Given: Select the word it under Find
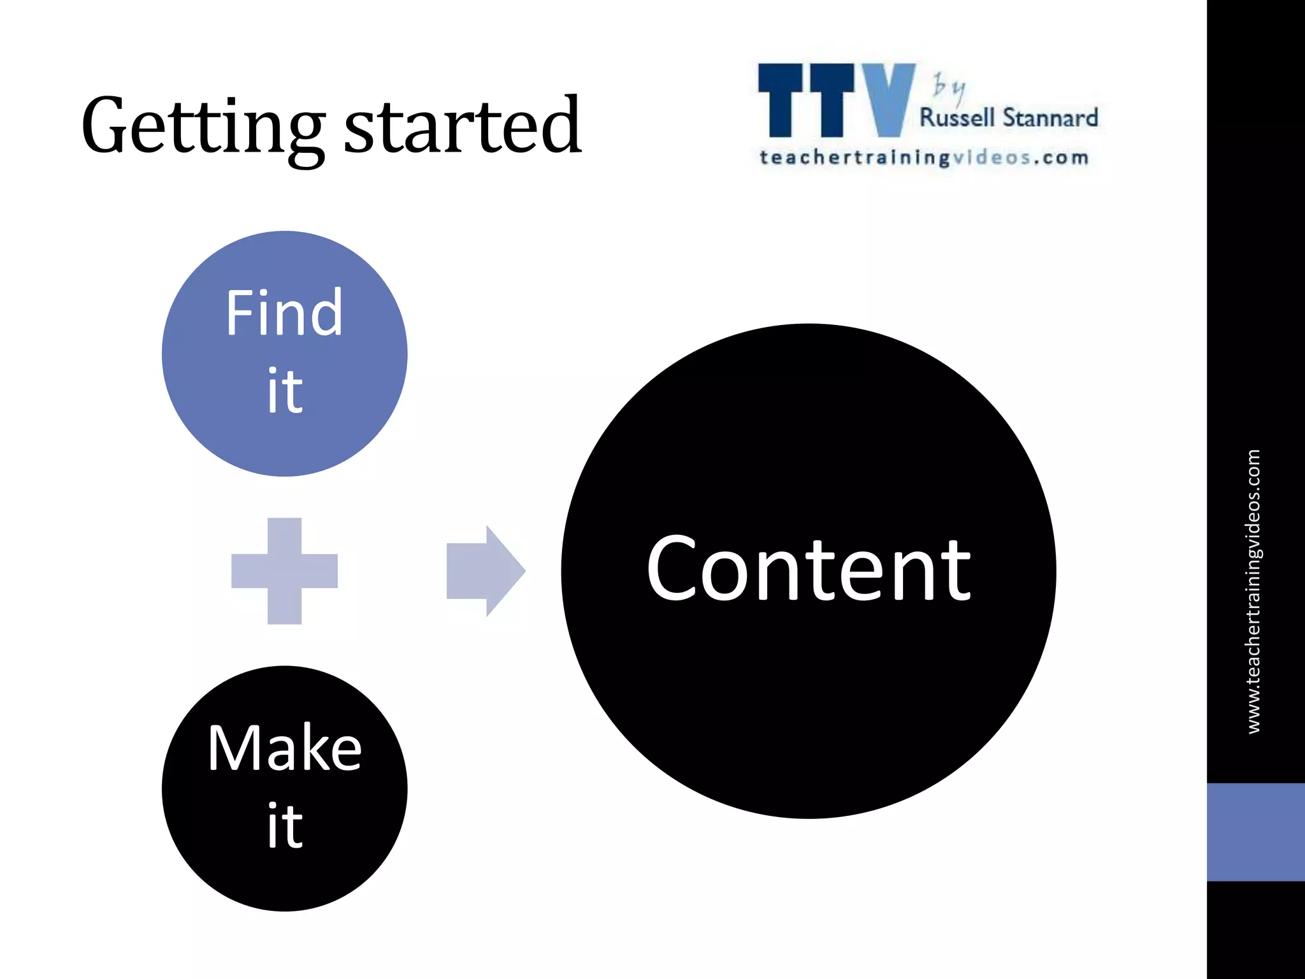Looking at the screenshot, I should [284, 390].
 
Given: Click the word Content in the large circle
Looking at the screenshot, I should [808, 569].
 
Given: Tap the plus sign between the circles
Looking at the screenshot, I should [284, 570].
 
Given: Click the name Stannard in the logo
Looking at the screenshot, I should [1050, 119].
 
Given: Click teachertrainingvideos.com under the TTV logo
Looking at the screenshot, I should [923, 157].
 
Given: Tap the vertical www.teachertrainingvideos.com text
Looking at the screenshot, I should [1253, 591].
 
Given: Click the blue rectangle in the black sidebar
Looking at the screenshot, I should [1255, 832].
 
